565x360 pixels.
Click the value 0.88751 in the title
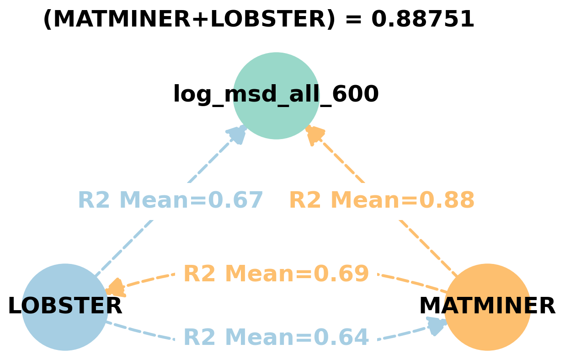(x=422, y=20)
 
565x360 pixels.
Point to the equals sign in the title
(x=353, y=20)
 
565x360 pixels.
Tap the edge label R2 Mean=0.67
(x=171, y=200)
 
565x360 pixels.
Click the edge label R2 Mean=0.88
(x=382, y=200)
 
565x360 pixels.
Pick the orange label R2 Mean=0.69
(x=276, y=274)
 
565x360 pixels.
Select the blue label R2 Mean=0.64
(x=276, y=338)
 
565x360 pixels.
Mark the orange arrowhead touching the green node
(x=314, y=134)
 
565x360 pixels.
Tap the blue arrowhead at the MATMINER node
(x=436, y=325)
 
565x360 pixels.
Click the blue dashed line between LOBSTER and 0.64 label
(x=139, y=332)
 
